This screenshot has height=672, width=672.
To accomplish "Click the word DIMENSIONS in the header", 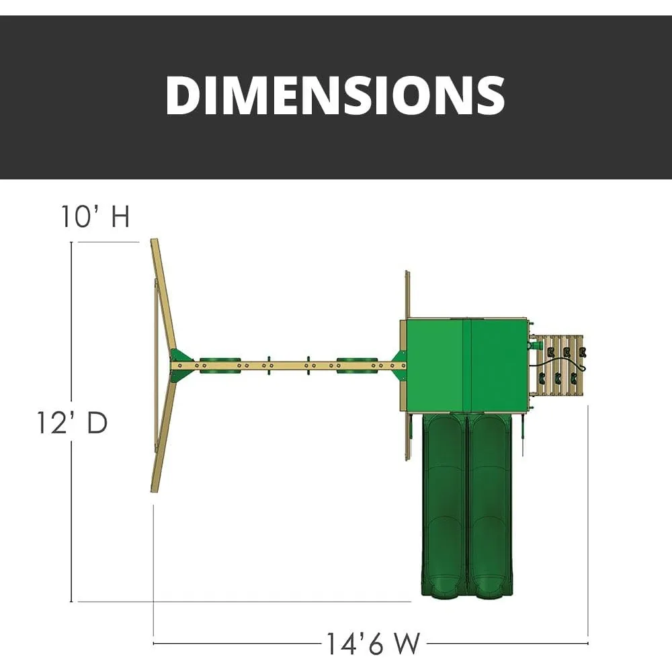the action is coord(335,95).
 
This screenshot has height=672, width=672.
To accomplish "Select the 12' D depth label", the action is coord(72,423).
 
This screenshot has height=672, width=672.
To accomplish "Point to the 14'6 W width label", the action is coord(373,643).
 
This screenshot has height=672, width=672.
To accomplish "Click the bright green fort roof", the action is coord(467,365).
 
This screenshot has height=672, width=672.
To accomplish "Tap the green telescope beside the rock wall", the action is coord(536,345).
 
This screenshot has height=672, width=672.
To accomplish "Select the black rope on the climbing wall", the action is coord(557,365).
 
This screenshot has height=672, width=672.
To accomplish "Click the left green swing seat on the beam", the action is coord(220,365).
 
